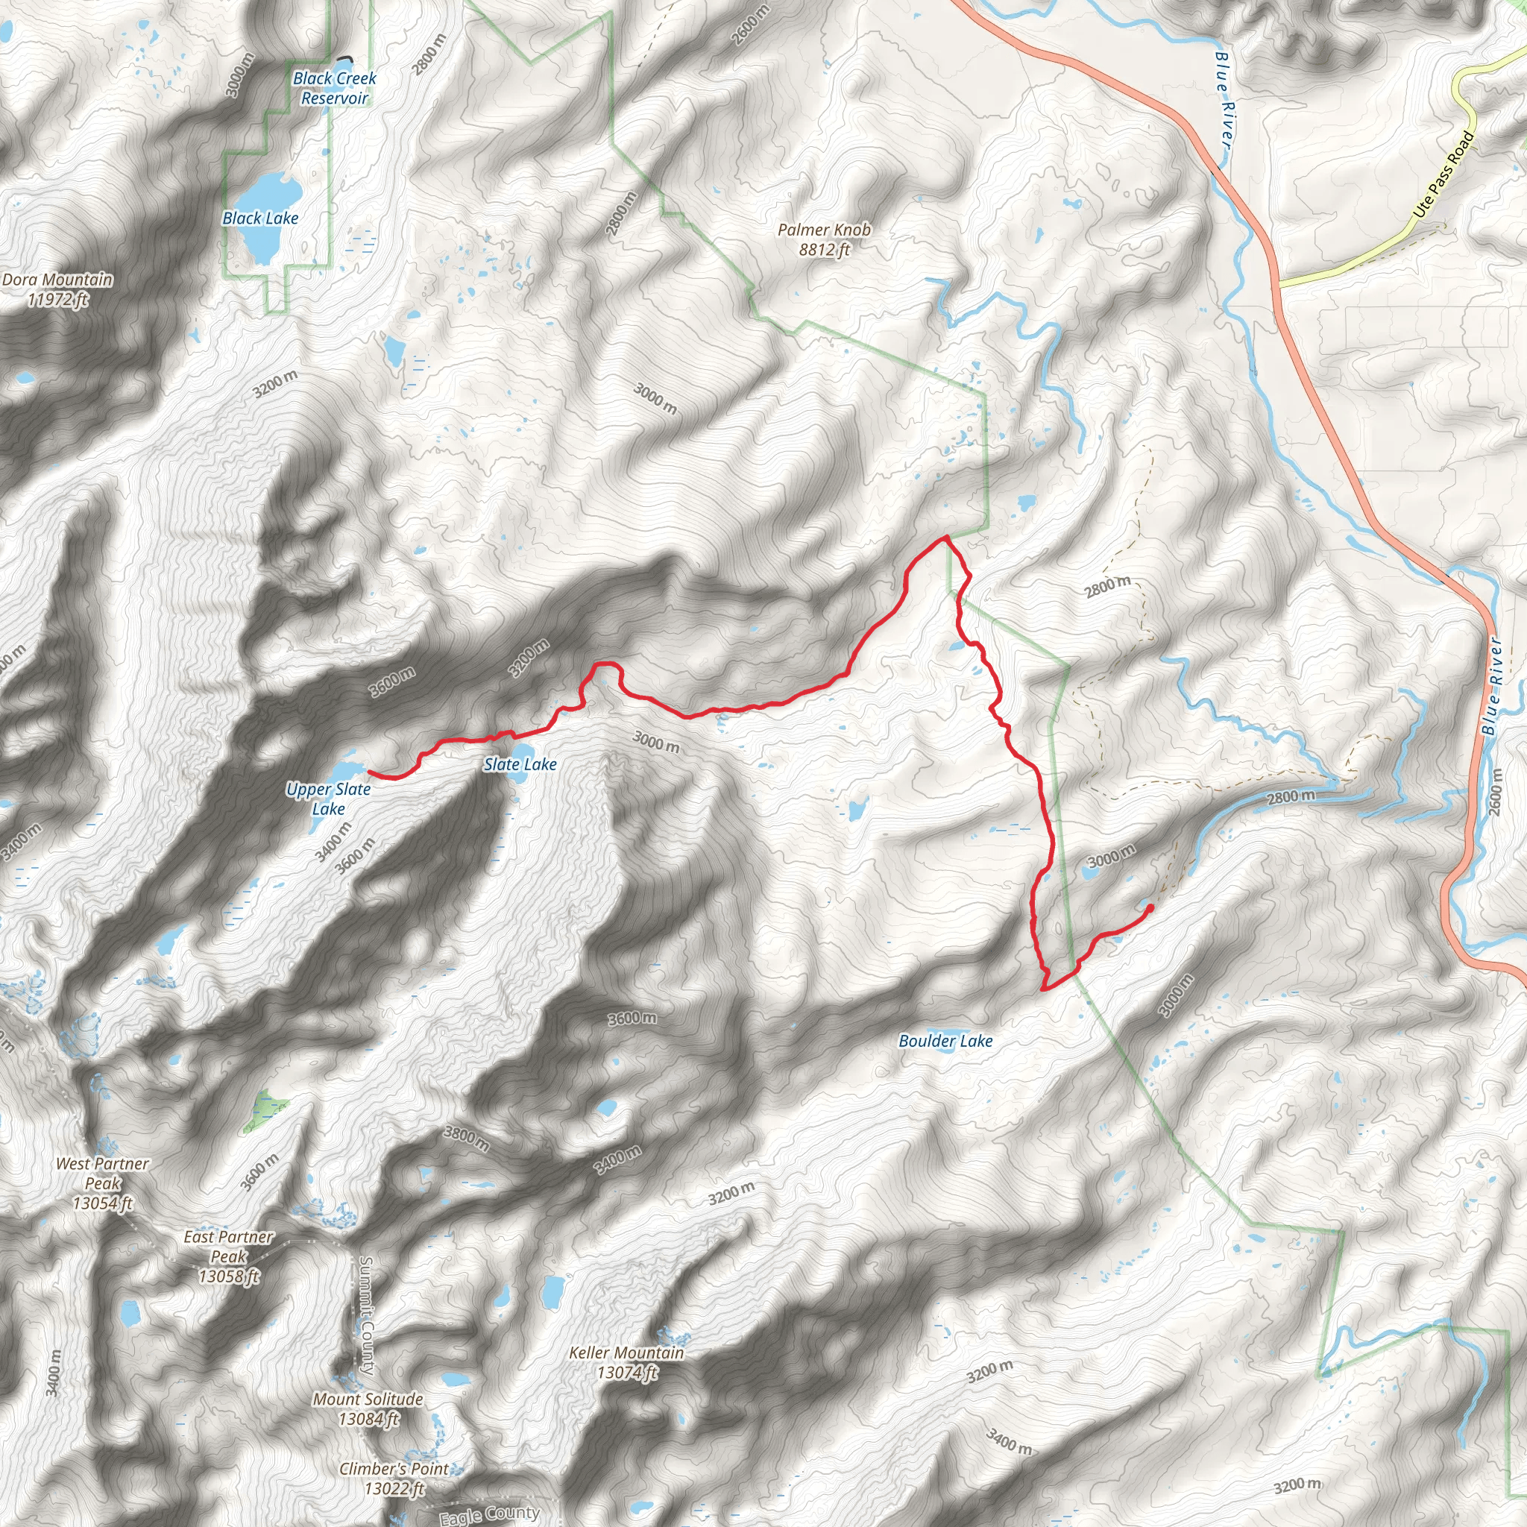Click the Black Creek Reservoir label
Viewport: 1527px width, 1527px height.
click(x=334, y=89)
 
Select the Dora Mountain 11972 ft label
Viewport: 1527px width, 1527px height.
click(x=57, y=289)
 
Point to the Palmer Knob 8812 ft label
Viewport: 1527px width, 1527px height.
click(x=825, y=239)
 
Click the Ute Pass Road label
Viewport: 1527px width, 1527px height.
click(x=1444, y=174)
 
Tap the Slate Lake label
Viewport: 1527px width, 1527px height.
click(x=520, y=764)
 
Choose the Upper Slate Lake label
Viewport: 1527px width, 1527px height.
click(x=328, y=799)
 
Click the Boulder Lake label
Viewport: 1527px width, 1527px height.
click(x=945, y=1041)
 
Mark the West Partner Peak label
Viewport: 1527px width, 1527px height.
click(x=103, y=1183)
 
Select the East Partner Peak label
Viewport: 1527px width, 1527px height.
click(x=228, y=1256)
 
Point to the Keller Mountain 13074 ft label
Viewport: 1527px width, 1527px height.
click(x=627, y=1363)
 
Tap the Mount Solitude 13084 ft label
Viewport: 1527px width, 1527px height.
click(x=368, y=1409)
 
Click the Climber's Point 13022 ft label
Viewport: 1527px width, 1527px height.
click(x=394, y=1479)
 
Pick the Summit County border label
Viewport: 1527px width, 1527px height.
click(x=366, y=1315)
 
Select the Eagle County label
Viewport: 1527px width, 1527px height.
click(x=489, y=1514)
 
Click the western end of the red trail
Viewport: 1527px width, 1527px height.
click(x=369, y=772)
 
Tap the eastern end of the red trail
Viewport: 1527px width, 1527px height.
click(x=1150, y=907)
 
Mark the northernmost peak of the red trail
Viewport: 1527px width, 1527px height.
click(x=945, y=537)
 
